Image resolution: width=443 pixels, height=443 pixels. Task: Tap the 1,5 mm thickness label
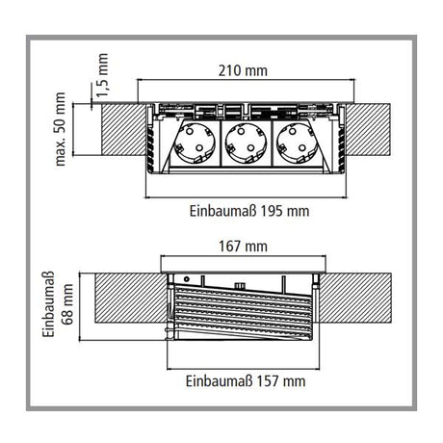pyautogui.click(x=103, y=73)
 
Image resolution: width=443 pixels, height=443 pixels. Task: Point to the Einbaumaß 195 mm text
pyautogui.click(x=248, y=210)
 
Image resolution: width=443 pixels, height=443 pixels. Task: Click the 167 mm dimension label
pyautogui.click(x=242, y=248)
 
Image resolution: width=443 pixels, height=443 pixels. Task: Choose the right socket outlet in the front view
pyautogui.click(x=293, y=144)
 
